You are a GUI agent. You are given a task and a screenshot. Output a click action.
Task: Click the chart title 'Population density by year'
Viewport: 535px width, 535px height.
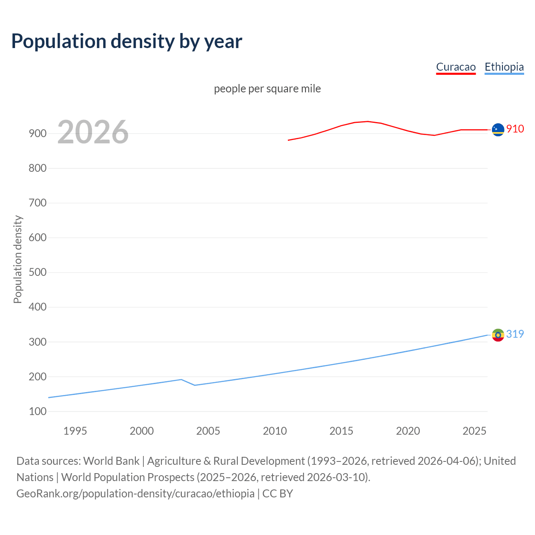tap(127, 41)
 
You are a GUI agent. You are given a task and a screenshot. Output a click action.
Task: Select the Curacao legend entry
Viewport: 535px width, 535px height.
tap(456, 67)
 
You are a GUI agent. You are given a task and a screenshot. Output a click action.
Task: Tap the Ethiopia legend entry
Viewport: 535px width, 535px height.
tap(504, 67)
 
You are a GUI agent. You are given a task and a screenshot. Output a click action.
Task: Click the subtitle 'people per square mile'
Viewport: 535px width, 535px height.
tap(267, 89)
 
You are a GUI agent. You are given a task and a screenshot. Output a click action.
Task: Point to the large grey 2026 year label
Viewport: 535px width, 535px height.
tap(93, 132)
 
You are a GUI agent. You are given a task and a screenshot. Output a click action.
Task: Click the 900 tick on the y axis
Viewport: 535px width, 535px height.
tap(38, 134)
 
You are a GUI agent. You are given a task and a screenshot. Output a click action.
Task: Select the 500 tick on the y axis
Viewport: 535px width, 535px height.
tap(38, 273)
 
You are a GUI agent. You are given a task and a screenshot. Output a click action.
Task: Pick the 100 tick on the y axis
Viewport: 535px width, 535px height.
tap(38, 411)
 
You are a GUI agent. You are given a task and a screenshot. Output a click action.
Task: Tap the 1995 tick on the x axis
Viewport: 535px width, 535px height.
tap(75, 431)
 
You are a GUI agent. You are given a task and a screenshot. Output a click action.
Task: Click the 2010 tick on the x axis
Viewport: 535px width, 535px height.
tap(275, 431)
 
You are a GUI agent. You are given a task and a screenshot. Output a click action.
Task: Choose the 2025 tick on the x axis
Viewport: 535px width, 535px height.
tap(474, 431)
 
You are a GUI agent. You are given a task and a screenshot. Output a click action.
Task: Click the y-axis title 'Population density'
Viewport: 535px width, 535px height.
tap(18, 259)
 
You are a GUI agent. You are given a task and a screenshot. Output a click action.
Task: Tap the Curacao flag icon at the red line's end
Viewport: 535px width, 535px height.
tap(498, 130)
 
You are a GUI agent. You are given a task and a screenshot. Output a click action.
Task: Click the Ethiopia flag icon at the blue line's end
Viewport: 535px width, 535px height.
tap(498, 335)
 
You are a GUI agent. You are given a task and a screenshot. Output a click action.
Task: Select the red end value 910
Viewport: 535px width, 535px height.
tap(515, 129)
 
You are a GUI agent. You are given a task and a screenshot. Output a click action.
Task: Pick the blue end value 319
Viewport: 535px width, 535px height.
tap(515, 334)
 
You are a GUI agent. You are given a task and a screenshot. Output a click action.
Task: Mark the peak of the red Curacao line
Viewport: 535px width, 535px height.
tap(367, 121)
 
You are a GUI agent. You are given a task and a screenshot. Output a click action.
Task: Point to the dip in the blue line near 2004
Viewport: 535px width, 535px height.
tap(195, 385)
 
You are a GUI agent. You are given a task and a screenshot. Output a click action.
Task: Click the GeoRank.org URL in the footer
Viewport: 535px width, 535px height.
tap(135, 493)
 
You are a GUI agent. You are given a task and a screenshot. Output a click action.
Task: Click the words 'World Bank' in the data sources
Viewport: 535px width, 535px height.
tap(111, 461)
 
